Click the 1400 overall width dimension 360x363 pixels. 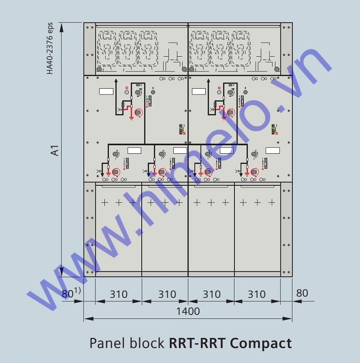click(188, 311)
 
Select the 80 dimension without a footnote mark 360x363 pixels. click(302, 293)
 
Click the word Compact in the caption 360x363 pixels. click(261, 343)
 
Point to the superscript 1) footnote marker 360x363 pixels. click(77, 291)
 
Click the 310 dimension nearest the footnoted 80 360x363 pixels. click(118, 295)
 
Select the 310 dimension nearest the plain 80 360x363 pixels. click(256, 295)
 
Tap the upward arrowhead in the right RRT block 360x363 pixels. click(209, 81)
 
